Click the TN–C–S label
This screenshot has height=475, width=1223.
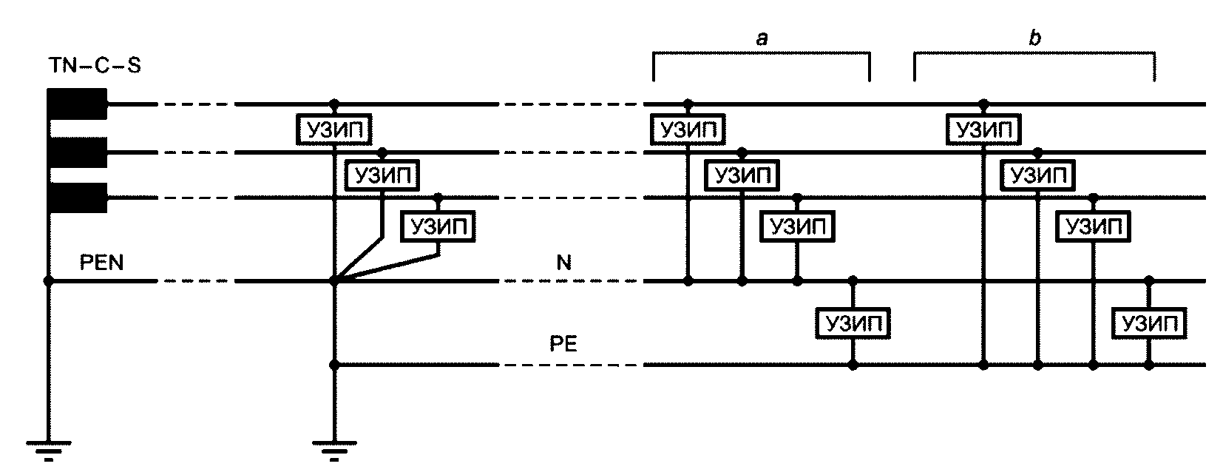tap(95, 66)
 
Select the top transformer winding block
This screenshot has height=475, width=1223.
tap(77, 104)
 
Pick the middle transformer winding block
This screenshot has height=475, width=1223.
tap(77, 152)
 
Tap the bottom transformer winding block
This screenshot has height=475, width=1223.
tap(77, 198)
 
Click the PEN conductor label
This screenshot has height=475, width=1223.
tap(101, 263)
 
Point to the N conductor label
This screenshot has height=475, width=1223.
tap(563, 263)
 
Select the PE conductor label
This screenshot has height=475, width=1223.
tap(563, 343)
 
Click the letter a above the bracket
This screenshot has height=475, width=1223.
tap(762, 38)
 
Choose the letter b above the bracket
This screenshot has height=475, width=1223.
tap(1034, 37)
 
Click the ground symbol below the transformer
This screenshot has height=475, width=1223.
tap(49, 449)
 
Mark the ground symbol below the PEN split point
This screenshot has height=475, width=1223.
tap(335, 449)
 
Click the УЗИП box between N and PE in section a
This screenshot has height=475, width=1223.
tap(853, 323)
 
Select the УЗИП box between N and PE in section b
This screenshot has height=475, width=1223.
tap(1149, 323)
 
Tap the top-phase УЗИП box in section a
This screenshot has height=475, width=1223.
tap(688, 129)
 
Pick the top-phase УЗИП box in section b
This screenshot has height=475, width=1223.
tap(983, 129)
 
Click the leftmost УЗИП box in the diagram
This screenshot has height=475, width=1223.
tap(334, 129)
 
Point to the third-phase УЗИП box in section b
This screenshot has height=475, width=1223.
tap(1093, 226)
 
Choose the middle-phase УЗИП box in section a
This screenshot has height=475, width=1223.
tap(742, 175)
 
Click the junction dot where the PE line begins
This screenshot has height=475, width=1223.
tap(335, 365)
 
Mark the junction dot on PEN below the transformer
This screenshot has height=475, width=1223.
tap(49, 281)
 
